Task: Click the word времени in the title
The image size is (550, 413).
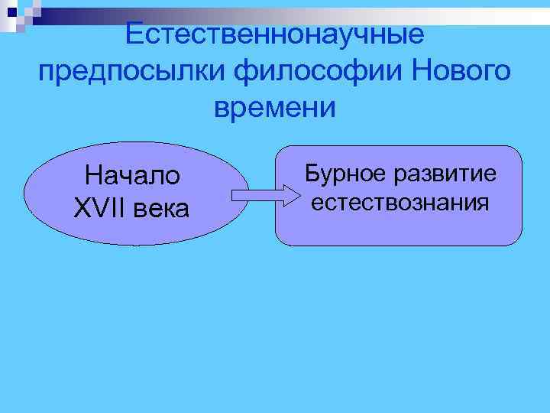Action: [x=274, y=108]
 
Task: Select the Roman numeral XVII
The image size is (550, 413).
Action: [x=97, y=207]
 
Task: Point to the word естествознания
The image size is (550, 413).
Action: [x=399, y=203]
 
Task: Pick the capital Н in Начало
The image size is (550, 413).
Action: [x=94, y=175]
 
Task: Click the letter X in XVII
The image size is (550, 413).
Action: [x=82, y=207]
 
